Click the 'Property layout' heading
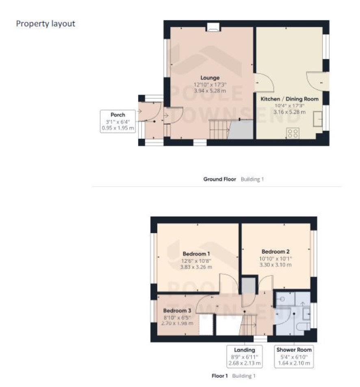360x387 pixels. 46,24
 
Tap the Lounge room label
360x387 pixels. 210,78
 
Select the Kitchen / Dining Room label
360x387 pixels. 289,99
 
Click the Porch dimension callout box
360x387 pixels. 118,121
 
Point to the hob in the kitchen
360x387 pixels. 293,133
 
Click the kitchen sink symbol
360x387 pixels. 318,119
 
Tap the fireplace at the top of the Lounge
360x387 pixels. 213,27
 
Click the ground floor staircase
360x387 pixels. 219,129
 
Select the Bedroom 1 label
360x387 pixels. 196,254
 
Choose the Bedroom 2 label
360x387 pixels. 275,251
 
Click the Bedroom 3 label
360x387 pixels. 177,311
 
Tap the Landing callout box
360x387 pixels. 245,356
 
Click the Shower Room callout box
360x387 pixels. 294,356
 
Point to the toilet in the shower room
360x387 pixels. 303,326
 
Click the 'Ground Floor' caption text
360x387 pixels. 219,179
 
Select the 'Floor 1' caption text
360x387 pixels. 219,376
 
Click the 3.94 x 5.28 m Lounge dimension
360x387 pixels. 210,91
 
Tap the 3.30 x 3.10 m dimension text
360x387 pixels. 275,265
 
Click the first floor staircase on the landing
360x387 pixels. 248,325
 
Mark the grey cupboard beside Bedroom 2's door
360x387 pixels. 248,285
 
